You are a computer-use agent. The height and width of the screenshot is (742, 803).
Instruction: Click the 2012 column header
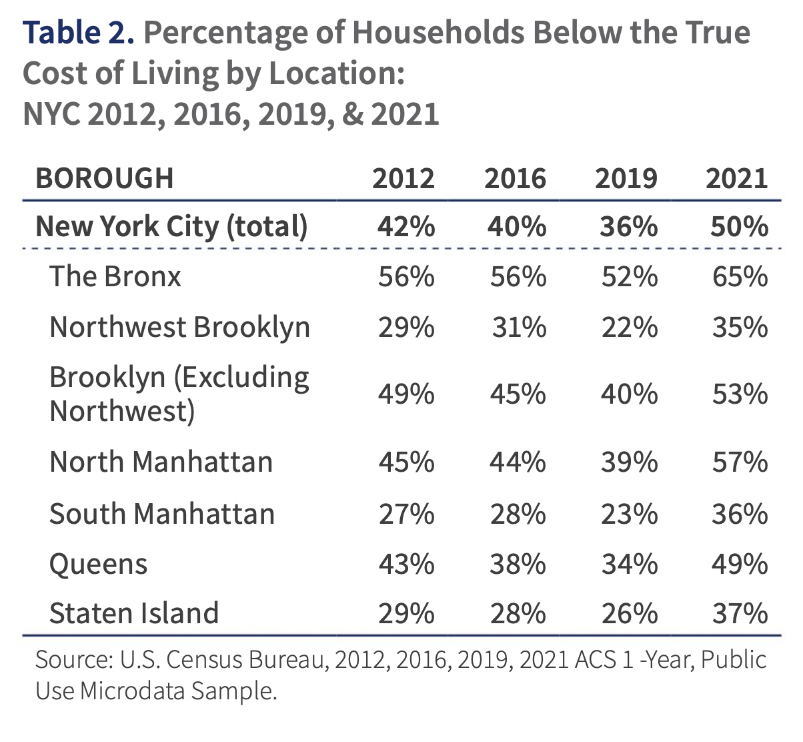click(403, 179)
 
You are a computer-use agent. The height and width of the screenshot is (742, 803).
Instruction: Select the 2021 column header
click(736, 179)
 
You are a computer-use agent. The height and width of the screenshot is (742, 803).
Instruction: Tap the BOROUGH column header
click(105, 179)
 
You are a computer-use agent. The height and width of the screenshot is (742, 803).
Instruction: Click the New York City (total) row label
click(171, 227)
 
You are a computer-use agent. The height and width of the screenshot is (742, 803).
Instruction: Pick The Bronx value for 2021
click(740, 277)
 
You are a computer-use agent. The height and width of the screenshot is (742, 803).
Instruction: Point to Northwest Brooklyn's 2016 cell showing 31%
click(519, 328)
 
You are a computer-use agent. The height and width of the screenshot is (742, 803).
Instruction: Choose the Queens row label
click(98, 565)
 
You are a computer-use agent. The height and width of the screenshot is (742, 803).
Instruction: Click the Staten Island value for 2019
click(629, 613)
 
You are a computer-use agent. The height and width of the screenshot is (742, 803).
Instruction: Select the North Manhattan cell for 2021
click(740, 462)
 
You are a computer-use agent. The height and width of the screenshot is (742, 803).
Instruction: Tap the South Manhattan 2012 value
click(406, 514)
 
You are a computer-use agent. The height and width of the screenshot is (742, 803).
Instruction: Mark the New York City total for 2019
click(629, 227)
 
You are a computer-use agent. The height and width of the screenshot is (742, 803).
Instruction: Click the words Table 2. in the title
click(79, 32)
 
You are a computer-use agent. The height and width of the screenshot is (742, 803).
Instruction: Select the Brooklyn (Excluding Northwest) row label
click(179, 394)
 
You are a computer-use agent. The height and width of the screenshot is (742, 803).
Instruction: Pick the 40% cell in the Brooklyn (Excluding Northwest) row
click(629, 394)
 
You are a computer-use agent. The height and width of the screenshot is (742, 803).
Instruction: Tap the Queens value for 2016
click(518, 565)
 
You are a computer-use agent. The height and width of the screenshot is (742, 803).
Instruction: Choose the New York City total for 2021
click(740, 227)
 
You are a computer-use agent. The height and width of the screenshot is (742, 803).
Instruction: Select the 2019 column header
click(626, 179)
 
